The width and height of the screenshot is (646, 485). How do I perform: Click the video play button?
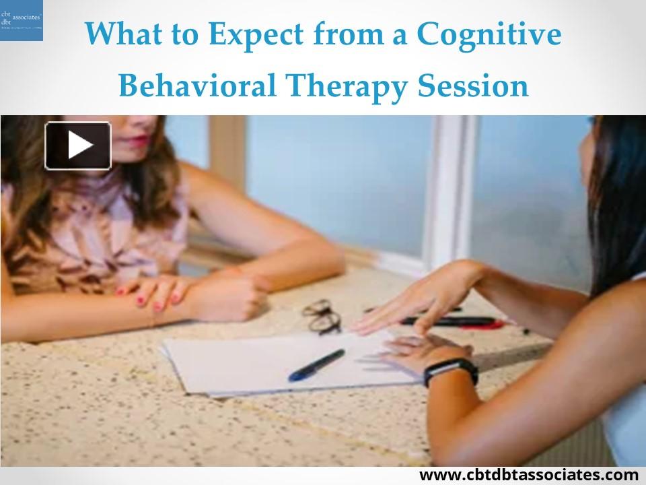pos(77,145)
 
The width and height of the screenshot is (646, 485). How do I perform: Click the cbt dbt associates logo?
pos(22,20)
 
